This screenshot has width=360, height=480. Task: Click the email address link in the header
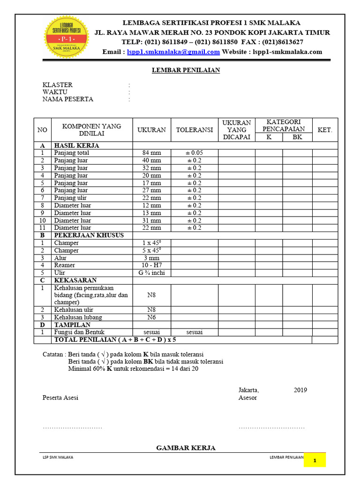[173, 52]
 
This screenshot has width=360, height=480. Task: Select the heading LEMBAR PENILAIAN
[186, 70]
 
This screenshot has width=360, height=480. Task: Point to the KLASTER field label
[58, 85]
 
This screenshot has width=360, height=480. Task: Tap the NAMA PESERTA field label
[68, 99]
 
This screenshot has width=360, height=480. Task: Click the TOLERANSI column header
[195, 130]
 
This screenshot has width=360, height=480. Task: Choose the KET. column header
[325, 130]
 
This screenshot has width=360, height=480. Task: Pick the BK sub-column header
[297, 137]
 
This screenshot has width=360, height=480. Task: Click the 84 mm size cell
[151, 153]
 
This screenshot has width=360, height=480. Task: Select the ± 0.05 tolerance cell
[195, 153]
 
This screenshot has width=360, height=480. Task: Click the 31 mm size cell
[151, 220]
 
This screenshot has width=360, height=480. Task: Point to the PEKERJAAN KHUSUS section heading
[89, 235]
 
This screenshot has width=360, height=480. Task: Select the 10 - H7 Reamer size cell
[151, 265]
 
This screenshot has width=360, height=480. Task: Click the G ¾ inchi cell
[151, 273]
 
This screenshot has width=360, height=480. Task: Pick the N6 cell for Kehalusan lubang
[151, 317]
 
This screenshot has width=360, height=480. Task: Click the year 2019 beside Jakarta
[300, 390]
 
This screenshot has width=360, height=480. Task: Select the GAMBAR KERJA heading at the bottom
[186, 448]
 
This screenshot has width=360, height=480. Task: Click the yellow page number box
[315, 460]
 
